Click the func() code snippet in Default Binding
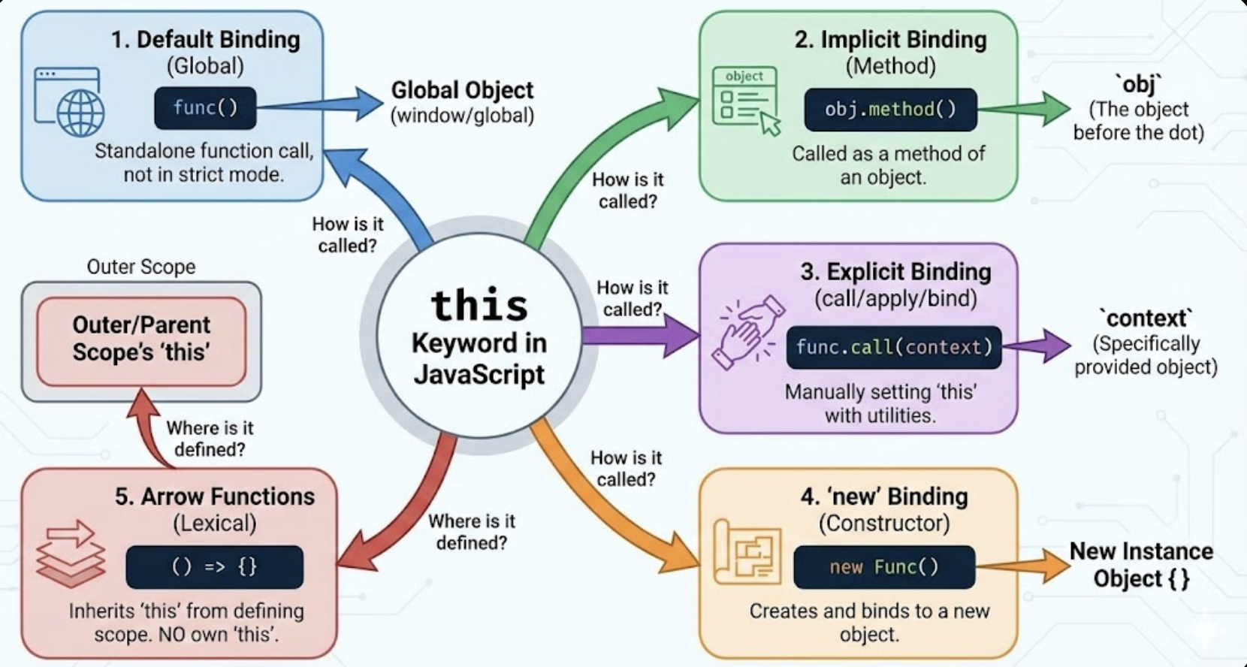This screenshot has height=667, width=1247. pos(205,108)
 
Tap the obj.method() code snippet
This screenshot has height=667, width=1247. pos(890,110)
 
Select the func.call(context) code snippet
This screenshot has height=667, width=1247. pos(894,347)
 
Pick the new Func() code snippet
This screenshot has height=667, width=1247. pos(883,567)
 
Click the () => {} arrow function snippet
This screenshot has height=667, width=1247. pos(215,567)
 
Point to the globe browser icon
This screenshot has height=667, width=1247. pos(69,102)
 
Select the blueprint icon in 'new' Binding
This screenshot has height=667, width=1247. pos(747,552)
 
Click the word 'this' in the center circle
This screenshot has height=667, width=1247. pos(479,306)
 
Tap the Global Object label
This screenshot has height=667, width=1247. pos(462,90)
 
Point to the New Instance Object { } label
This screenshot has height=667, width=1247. pos(1141,565)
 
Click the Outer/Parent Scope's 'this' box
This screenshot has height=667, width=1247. pos(141,340)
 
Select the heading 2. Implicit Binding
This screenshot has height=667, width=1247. pos(890,40)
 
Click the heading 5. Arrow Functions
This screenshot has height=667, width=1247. pos(215,496)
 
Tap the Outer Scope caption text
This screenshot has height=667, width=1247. pos(141,267)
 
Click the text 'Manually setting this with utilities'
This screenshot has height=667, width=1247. pos(880,403)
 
